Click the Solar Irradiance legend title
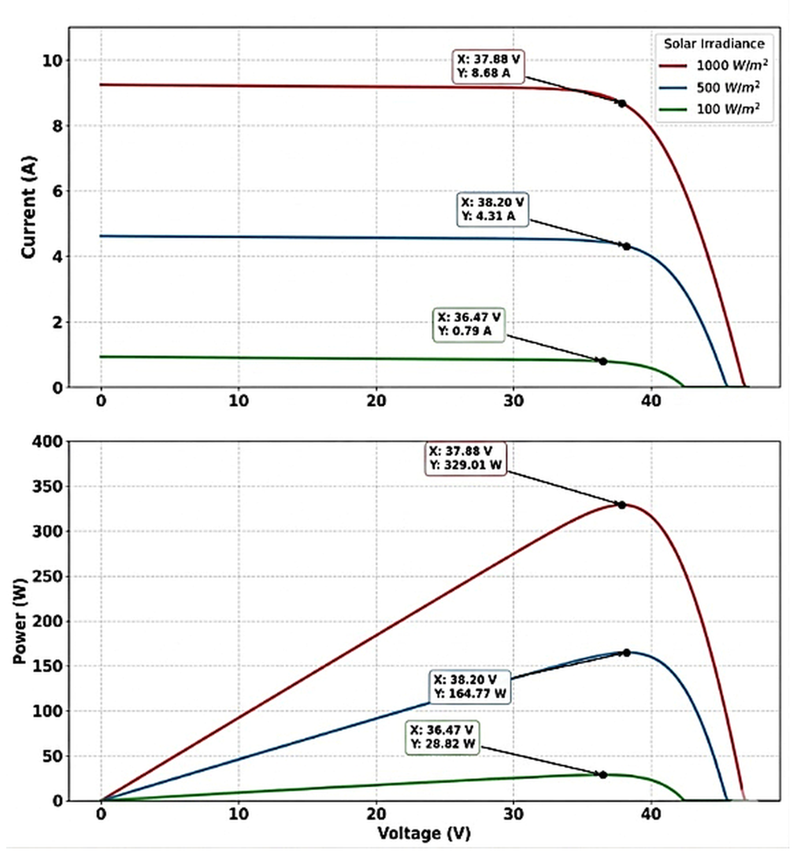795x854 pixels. (713, 44)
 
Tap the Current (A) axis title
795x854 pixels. (28, 207)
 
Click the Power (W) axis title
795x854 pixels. (20, 620)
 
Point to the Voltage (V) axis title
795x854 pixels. (424, 833)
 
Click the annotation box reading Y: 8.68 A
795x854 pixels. (488, 67)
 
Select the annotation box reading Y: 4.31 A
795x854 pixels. (492, 210)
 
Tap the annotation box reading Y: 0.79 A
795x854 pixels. (469, 325)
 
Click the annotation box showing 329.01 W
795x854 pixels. (465, 459)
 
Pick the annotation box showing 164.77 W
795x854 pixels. (470, 687)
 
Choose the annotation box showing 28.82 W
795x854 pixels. (442, 737)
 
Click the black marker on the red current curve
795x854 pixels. (622, 103)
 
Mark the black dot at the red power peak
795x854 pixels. (622, 505)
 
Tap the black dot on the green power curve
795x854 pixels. (603, 775)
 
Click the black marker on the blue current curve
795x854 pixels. (626, 246)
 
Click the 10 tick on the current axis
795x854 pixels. (51, 61)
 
